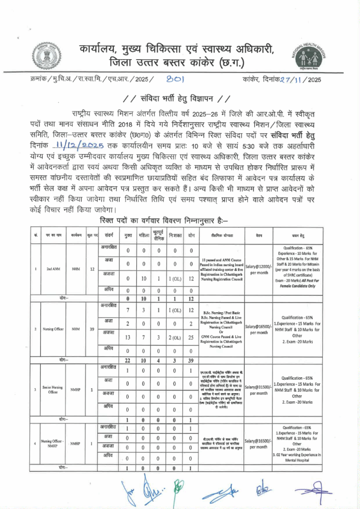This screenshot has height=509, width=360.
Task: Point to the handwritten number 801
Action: tap(176, 79)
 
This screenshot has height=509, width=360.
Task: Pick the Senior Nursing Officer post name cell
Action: tap(54, 391)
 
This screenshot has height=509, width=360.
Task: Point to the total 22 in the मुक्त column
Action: tap(128, 360)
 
